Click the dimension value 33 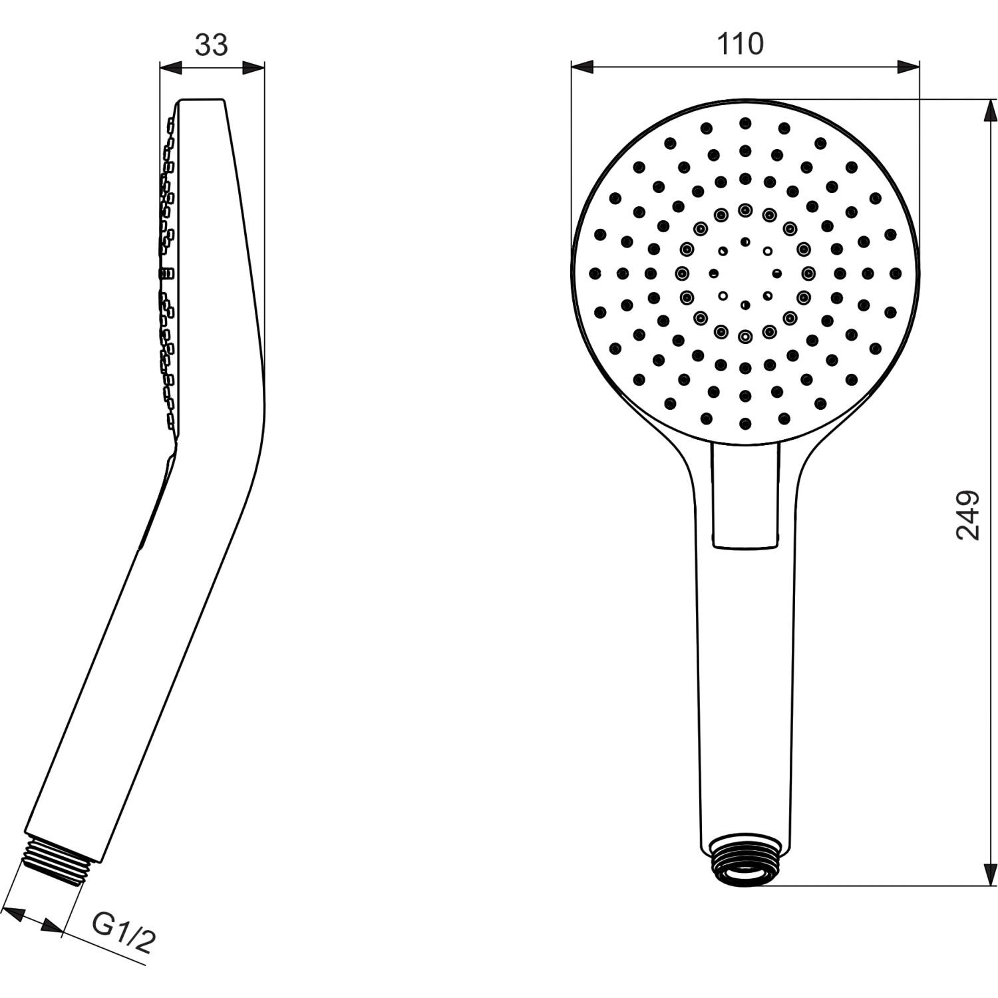[212, 45]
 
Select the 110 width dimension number [740, 44]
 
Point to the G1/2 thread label [124, 931]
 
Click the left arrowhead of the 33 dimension [170, 68]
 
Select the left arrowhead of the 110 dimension [582, 67]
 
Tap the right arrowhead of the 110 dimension [909, 67]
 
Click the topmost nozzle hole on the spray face [745, 122]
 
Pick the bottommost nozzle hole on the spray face [745, 422]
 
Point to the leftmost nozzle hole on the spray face [594, 273]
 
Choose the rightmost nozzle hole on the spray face [895, 273]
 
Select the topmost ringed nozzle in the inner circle [745, 210]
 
